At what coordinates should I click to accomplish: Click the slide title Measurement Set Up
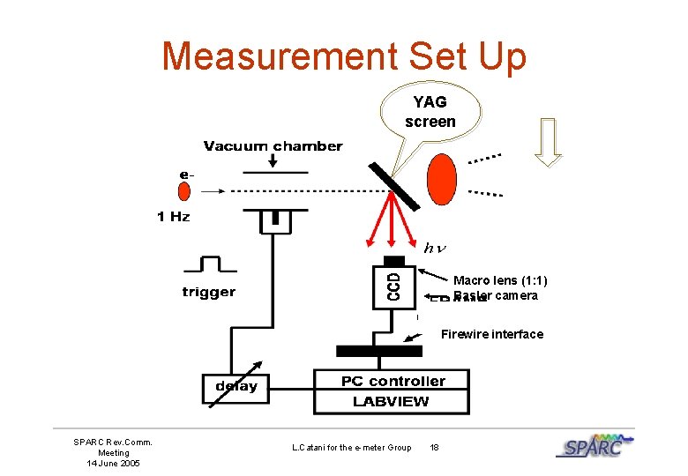pos(344,56)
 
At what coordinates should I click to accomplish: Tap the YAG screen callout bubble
pos(430,112)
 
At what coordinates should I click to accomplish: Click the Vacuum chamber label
pos(273,145)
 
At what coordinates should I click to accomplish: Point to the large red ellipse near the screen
pos(441,180)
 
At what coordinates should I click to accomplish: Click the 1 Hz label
pos(174,216)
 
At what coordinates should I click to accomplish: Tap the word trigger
pos(209,292)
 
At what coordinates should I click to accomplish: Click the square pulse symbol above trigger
pos(209,264)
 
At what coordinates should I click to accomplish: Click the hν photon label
pos(433,248)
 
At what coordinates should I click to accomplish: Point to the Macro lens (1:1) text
pos(500,281)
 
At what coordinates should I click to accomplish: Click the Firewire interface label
pos(492,334)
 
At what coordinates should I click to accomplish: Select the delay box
pos(236,385)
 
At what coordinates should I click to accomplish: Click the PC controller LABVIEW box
pos(393,390)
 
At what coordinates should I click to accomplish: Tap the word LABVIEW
pos(392,402)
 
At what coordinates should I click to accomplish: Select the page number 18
pos(434,448)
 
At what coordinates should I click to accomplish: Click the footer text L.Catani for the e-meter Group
pos(351,448)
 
